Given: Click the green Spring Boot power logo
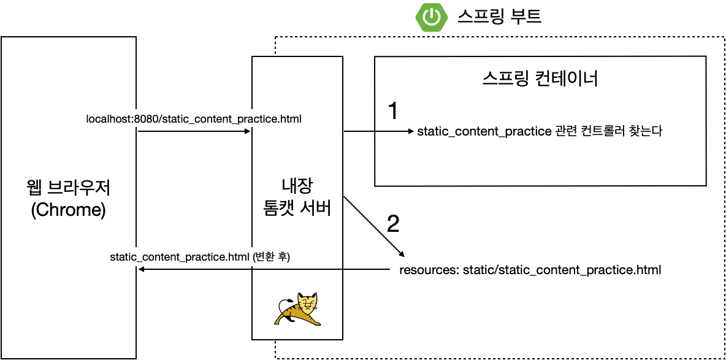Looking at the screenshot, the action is coord(432,17).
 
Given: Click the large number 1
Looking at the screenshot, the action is coord(394,111).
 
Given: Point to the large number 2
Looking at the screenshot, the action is coord(393,224).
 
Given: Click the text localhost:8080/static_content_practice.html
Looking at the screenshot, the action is coord(194,118).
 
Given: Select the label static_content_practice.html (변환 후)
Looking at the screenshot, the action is coord(199,258).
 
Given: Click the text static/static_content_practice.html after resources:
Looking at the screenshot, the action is coord(562,270).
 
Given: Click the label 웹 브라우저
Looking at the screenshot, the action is coord(69,186).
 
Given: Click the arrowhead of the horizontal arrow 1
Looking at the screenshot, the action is coord(412,131).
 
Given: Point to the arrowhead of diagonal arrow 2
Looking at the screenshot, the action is coord(402,254).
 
